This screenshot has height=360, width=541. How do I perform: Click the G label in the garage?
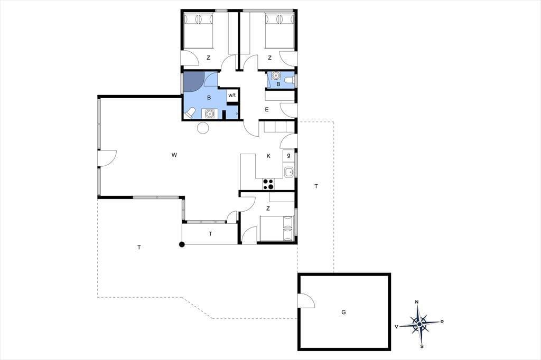click(343, 312)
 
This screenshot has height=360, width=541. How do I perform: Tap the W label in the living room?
click(174, 155)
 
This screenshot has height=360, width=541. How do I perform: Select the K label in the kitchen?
click(268, 156)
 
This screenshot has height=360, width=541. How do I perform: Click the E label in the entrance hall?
click(267, 110)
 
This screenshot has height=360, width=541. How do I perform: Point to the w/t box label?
click(232, 95)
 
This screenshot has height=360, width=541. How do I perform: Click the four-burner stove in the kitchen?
click(268, 184)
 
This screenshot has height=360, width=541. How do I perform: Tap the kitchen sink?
click(288, 172)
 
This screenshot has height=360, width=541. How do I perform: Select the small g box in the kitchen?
click(288, 156)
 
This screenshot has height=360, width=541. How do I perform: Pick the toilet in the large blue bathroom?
click(190, 113)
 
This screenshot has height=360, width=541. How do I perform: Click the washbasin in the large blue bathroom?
click(209, 113)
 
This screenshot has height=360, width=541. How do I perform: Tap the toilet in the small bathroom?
click(289, 81)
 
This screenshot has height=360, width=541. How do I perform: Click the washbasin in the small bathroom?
click(275, 75)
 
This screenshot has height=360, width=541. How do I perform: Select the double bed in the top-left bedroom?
click(198, 31)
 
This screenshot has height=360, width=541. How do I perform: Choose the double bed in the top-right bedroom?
click(280, 31)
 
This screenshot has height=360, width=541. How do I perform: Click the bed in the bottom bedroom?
click(277, 229)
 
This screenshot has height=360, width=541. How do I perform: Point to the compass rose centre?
click(419, 324)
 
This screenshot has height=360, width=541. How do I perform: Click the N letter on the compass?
click(417, 302)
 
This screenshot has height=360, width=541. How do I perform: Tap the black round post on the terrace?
click(182, 244)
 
